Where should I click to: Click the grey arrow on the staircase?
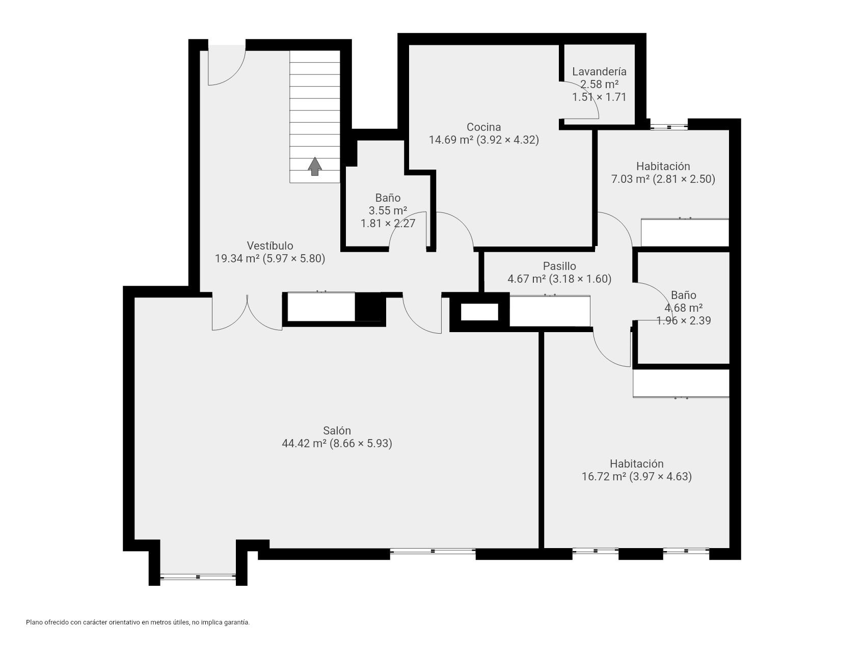pyautogui.click(x=315, y=166)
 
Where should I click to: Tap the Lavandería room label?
pyautogui.click(x=599, y=72)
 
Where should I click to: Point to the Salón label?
pyautogui.click(x=337, y=431)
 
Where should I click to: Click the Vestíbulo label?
pyautogui.click(x=270, y=246)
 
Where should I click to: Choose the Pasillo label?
pyautogui.click(x=559, y=266)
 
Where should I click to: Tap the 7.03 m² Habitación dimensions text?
pyautogui.click(x=663, y=179)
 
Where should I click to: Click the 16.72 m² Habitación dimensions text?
pyautogui.click(x=636, y=477)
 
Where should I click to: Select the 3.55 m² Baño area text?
pyautogui.click(x=388, y=210)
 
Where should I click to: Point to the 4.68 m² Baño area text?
pyautogui.click(x=683, y=308)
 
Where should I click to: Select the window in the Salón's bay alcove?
pyautogui.click(x=198, y=577)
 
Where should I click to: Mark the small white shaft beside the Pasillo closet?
pyautogui.click(x=479, y=312)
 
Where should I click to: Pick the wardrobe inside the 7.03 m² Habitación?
pyautogui.click(x=685, y=233)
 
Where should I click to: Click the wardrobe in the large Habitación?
pyautogui.click(x=681, y=383)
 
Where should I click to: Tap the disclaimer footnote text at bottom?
pyautogui.click(x=138, y=622)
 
